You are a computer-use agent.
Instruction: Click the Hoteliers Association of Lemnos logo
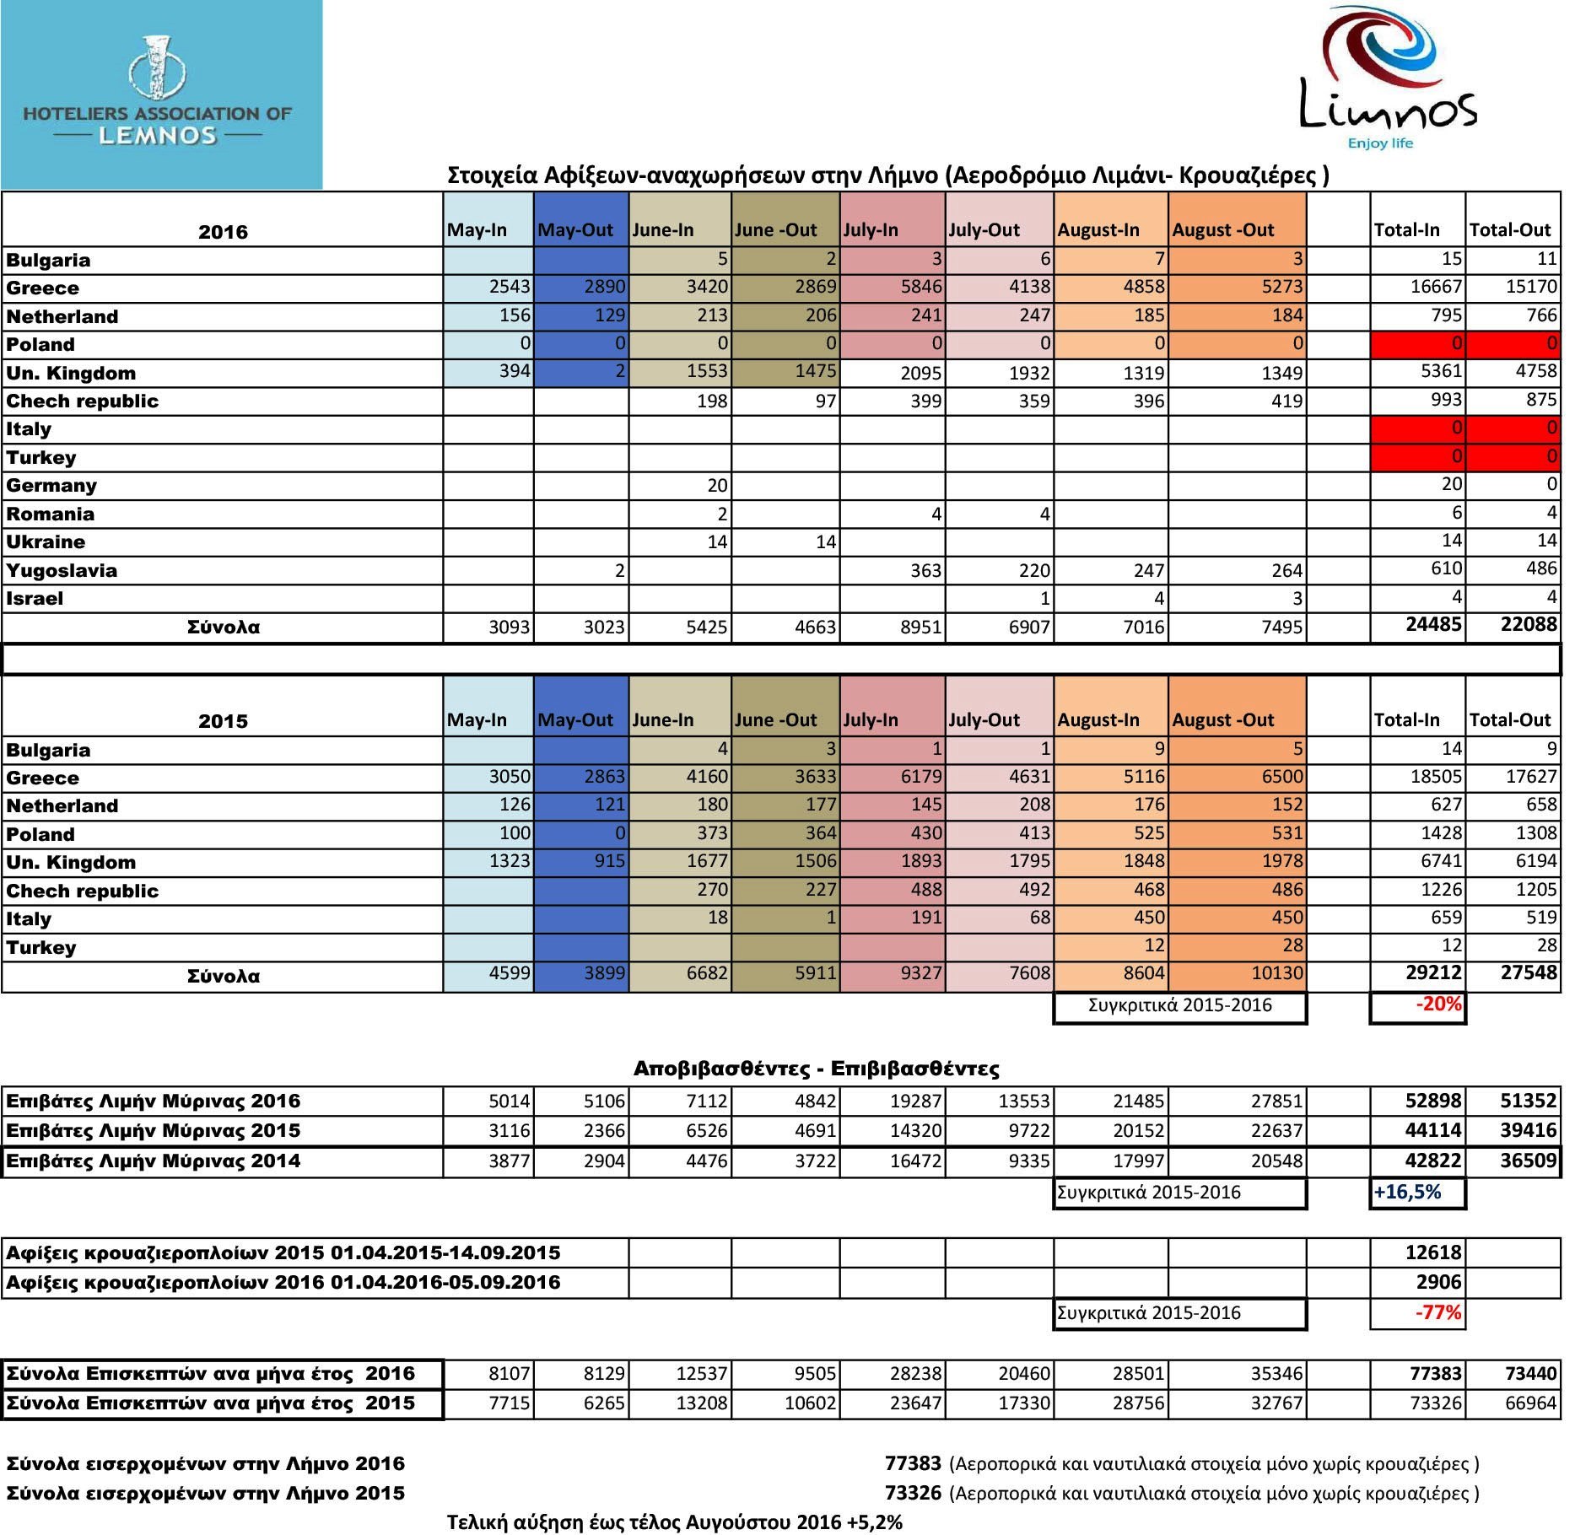160,94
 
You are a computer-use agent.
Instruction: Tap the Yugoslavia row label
62,570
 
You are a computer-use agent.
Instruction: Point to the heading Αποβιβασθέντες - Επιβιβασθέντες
816,1069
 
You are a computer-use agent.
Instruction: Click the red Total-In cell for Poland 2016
1417,344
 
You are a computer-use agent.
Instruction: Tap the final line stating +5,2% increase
674,1522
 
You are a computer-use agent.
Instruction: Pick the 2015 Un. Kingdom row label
71,862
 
